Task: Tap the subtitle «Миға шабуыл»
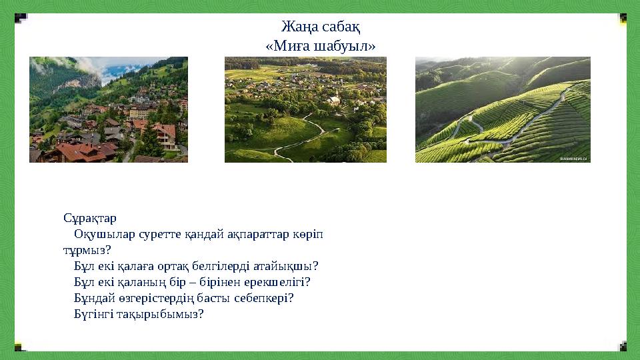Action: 320,46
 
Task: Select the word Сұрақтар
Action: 90,218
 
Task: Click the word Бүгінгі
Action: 93,314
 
